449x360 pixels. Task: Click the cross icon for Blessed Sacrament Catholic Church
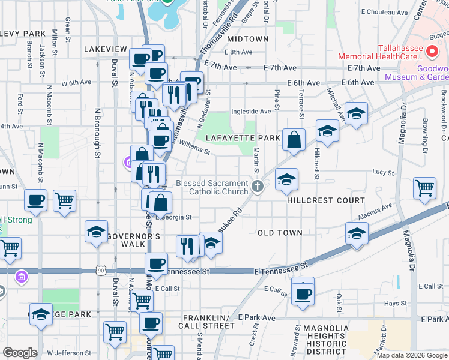tap(258, 187)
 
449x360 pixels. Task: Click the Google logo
tap(20, 353)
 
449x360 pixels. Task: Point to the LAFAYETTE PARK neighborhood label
tap(243, 138)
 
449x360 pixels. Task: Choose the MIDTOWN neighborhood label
tap(247, 39)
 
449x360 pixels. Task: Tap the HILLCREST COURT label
tap(326, 200)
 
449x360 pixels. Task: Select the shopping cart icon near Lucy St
tap(424, 188)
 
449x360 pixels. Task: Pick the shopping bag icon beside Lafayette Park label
tap(294, 140)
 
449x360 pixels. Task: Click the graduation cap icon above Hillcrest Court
tap(286, 179)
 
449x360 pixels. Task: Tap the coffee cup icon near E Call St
tap(303, 293)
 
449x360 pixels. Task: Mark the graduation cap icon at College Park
tap(41, 314)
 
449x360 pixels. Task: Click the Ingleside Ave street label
tap(256, 111)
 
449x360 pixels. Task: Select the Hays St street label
tap(396, 304)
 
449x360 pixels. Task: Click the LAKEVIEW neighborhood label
tap(106, 49)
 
